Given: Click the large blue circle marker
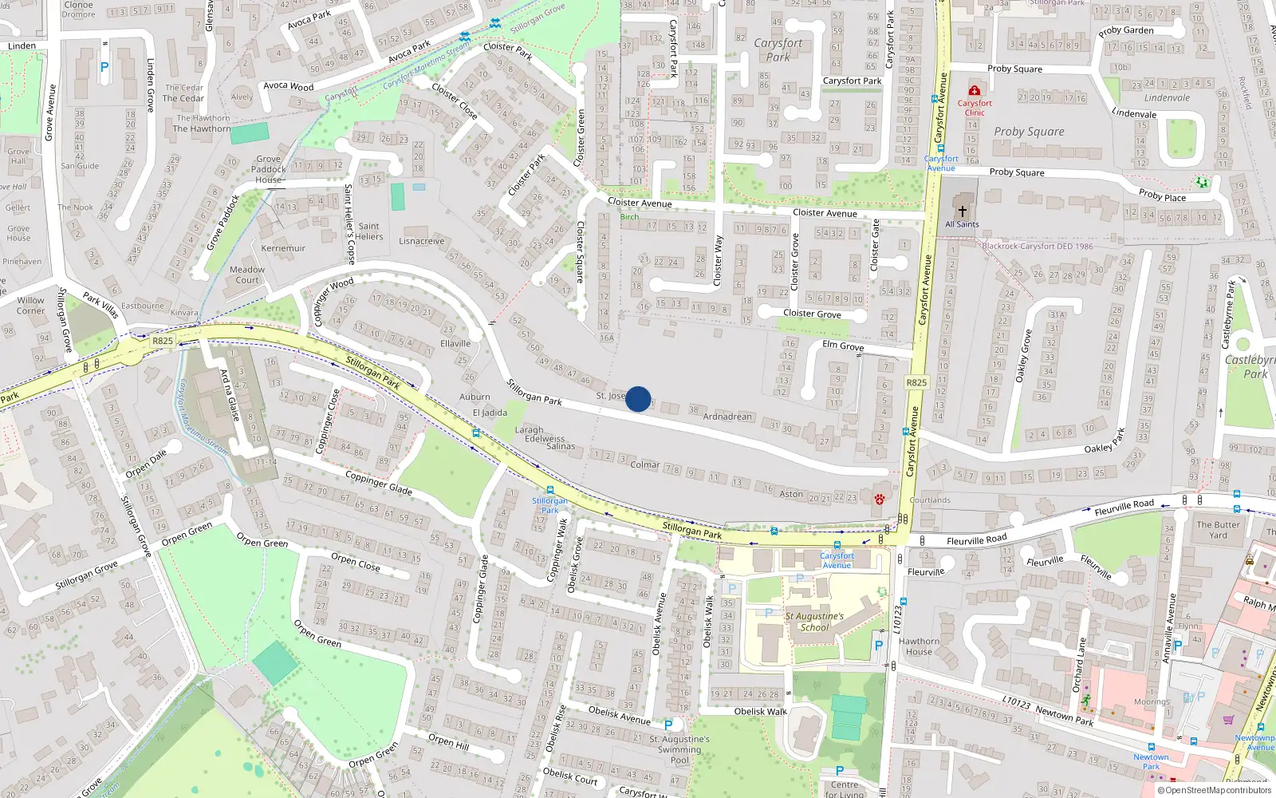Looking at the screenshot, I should pyautogui.click(x=638, y=398).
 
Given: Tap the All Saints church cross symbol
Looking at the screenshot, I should pyautogui.click(x=963, y=211).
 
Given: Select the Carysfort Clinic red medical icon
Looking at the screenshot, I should pyautogui.click(x=974, y=91).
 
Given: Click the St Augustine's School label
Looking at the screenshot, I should pyautogui.click(x=814, y=622).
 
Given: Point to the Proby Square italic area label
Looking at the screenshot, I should pyautogui.click(x=1029, y=132).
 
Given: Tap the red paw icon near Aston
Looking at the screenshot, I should pyautogui.click(x=879, y=499).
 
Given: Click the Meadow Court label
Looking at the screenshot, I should pyautogui.click(x=247, y=275).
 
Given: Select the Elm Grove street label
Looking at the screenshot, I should pyautogui.click(x=843, y=346).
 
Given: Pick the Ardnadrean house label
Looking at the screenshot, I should pyautogui.click(x=727, y=416).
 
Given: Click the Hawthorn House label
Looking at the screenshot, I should pyautogui.click(x=919, y=646).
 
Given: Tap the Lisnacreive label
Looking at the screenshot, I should pyautogui.click(x=422, y=241).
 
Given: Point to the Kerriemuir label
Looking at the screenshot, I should pyautogui.click(x=283, y=248).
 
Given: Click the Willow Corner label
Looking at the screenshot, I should pyautogui.click(x=31, y=306).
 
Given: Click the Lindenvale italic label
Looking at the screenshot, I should pyautogui.click(x=1167, y=98).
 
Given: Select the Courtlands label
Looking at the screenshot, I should pyautogui.click(x=930, y=500).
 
